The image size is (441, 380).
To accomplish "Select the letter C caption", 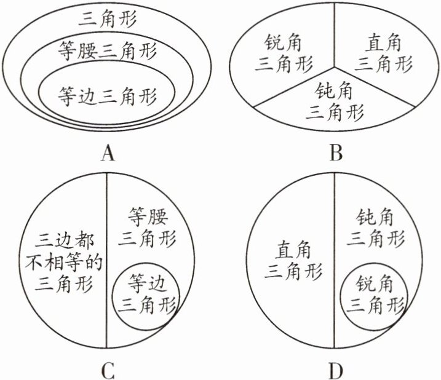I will [x=108, y=371].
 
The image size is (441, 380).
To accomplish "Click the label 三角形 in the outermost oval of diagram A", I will [x=108, y=18].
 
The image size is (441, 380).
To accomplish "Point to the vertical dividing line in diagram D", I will [x=335, y=203].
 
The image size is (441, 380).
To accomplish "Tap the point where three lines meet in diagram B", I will [x=335, y=65].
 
